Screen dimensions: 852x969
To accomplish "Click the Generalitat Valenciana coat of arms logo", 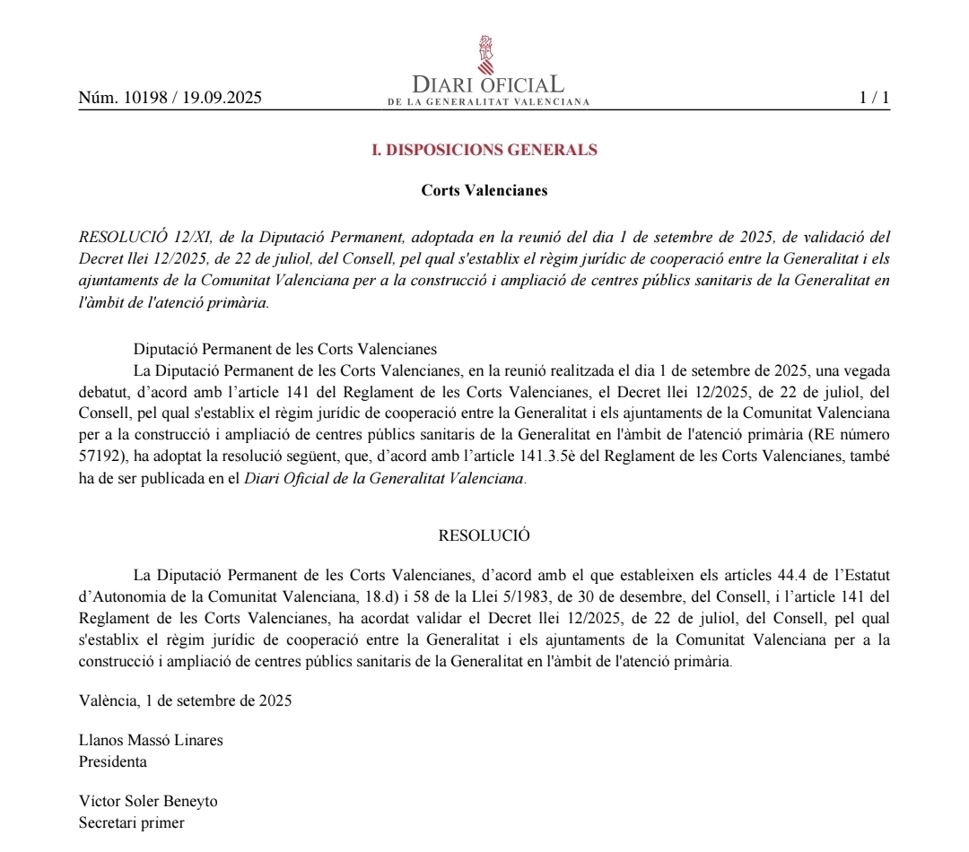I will (x=485, y=55).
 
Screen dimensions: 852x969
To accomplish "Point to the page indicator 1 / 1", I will (x=874, y=98).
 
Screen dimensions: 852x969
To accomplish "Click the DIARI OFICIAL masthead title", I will (x=488, y=84).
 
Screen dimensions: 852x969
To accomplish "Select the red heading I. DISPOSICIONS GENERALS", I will (x=484, y=151).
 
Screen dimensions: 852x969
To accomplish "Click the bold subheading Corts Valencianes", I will (x=484, y=190).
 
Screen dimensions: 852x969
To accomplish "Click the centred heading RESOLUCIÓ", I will (x=484, y=535).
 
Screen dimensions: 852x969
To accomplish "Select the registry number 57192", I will (x=99, y=456).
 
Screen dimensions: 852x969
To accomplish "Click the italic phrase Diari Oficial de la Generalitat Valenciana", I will (x=384, y=478).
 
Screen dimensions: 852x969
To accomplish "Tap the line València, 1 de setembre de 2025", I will (x=185, y=701).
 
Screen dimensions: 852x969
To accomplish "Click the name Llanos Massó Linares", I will (x=151, y=741).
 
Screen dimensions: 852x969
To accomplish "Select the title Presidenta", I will (x=113, y=762).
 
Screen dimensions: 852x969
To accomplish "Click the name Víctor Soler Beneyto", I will (x=148, y=801).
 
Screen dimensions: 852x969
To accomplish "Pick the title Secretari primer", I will (x=132, y=822).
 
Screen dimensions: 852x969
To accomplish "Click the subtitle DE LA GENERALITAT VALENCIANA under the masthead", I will (x=488, y=102).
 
